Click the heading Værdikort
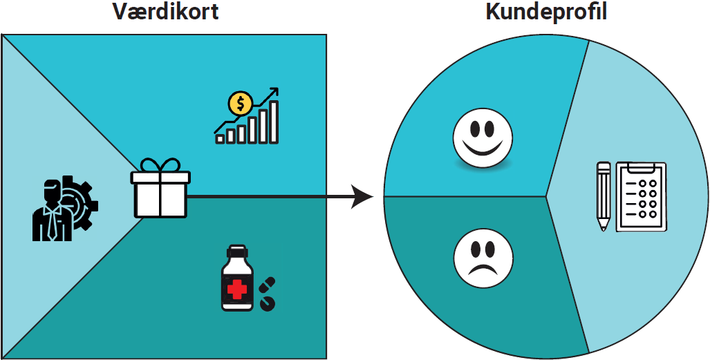click(x=165, y=12)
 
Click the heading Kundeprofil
click(x=546, y=12)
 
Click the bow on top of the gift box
click(x=159, y=167)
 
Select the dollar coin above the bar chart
click(x=241, y=104)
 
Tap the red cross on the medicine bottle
click(x=237, y=288)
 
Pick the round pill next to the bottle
click(x=266, y=302)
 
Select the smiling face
click(x=483, y=137)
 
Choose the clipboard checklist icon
click(x=641, y=196)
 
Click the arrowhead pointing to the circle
click(x=363, y=196)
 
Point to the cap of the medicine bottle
click(x=237, y=250)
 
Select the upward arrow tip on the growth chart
click(x=274, y=91)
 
